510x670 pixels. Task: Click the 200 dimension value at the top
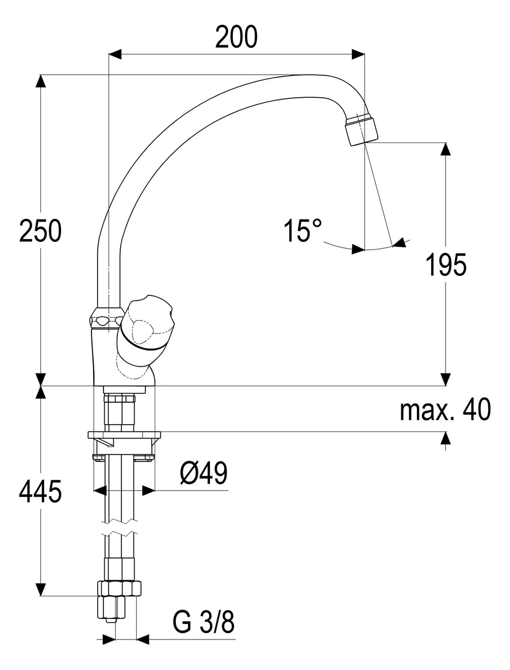236,38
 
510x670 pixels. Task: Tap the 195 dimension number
446,265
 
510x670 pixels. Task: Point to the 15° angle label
302,230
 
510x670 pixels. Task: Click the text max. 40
446,410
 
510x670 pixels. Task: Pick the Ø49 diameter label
203,474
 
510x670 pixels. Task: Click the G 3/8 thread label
204,623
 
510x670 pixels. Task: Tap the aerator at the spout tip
362,129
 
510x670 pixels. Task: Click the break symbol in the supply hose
120,527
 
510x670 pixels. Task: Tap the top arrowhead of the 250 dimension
40,81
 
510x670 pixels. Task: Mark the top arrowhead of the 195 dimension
446,149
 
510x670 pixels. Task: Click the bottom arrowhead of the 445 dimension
40,590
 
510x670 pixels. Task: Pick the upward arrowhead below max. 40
446,438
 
